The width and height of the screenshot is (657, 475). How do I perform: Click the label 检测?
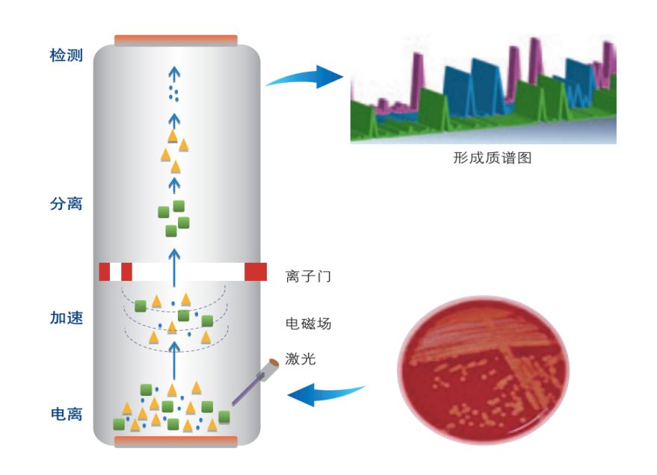(66, 57)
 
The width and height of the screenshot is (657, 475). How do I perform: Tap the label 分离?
(66, 203)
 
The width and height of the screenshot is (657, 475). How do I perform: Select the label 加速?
(66, 318)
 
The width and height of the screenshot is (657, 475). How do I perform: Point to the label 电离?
(66, 414)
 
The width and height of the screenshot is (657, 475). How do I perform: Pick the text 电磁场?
(308, 324)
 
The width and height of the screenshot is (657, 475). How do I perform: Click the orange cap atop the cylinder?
(176, 40)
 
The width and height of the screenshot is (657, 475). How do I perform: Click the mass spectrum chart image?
(483, 90)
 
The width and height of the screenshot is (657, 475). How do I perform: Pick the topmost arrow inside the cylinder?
(174, 75)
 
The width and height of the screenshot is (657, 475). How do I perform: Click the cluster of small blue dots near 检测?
(174, 94)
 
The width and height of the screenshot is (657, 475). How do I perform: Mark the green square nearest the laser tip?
(223, 415)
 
